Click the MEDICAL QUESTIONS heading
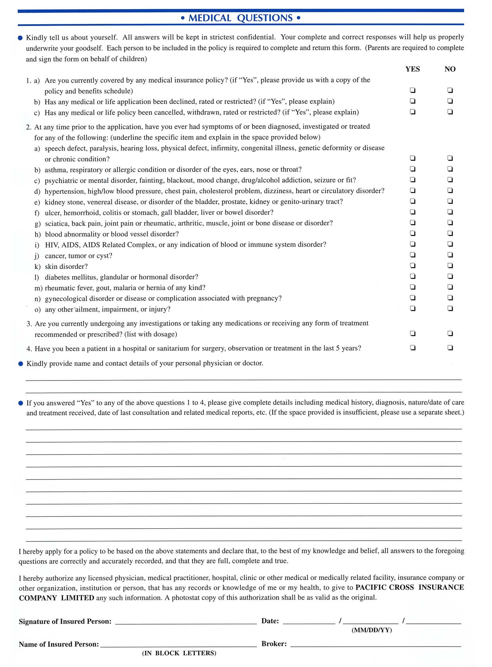240,18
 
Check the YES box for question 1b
413,101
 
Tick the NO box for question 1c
450,112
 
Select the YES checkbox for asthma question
413,169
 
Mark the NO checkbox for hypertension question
450,190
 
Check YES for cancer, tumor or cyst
413,255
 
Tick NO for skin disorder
450,266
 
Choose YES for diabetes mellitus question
413,276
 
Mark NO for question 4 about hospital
450,348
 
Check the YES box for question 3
413,333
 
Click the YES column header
413,69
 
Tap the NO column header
450,69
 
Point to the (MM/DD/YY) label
371,630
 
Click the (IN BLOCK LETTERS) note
179,653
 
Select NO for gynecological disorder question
450,298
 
